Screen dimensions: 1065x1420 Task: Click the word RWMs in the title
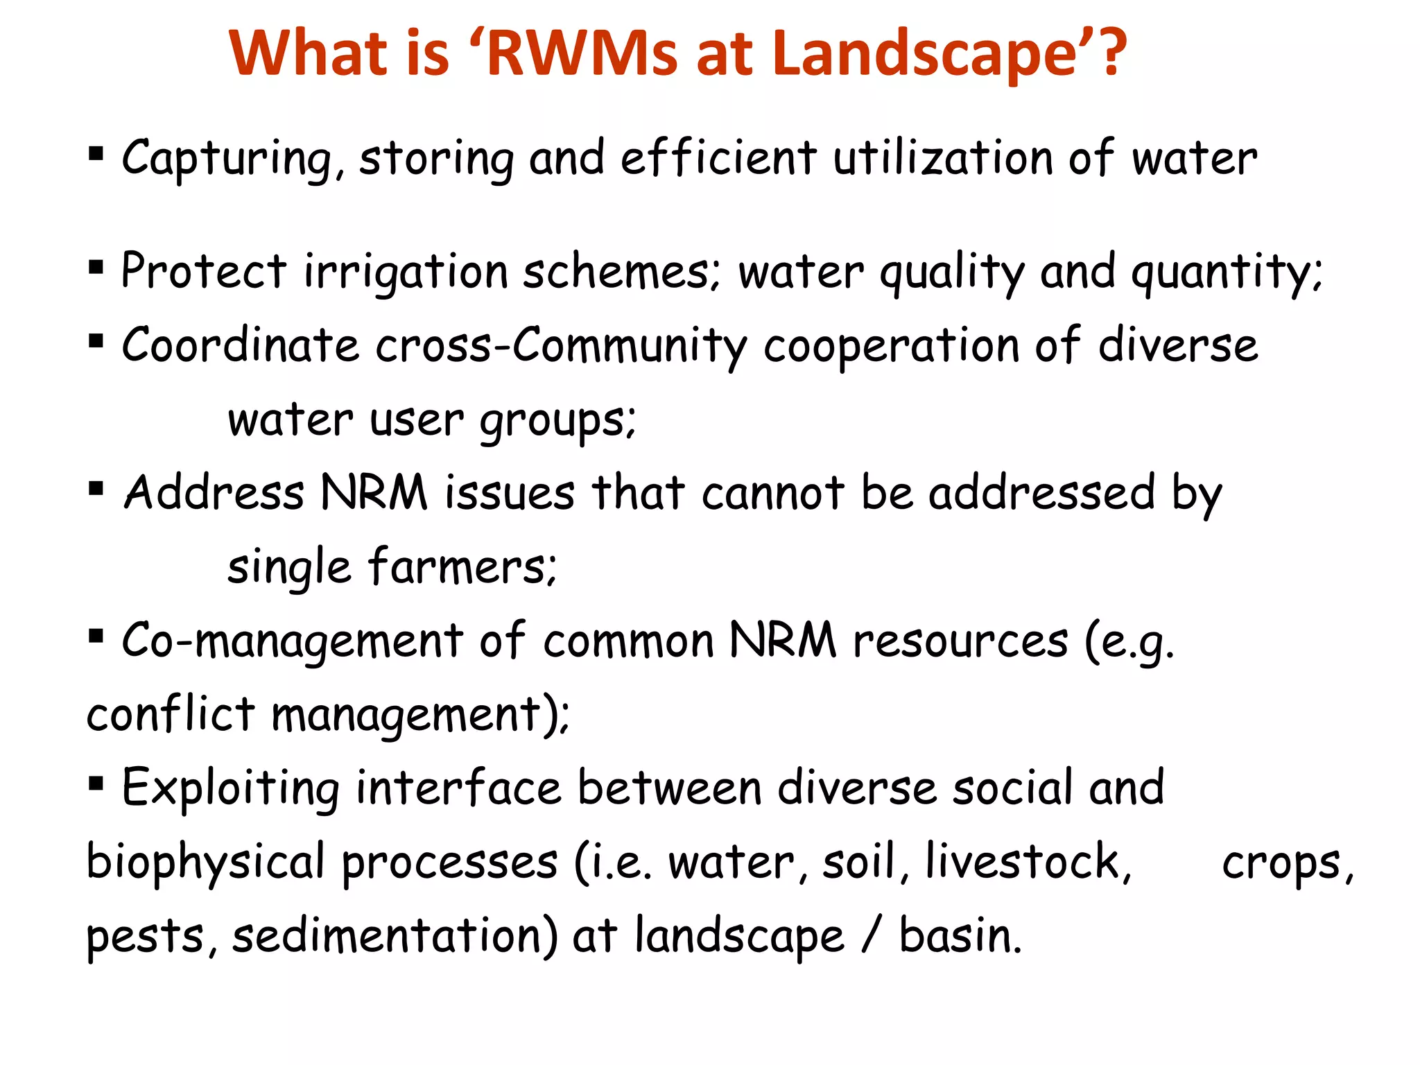pos(581,53)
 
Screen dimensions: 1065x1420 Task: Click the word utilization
pos(943,158)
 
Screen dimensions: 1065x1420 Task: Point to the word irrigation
pos(406,272)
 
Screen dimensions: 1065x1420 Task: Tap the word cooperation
pos(891,345)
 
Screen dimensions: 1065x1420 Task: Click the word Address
pos(214,493)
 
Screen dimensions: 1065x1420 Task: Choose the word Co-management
pos(292,641)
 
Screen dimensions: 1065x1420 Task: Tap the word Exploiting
pos(231,789)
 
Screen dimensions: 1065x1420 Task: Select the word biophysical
pos(205,864)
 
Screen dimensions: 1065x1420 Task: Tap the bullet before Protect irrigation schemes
pos(96,267)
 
